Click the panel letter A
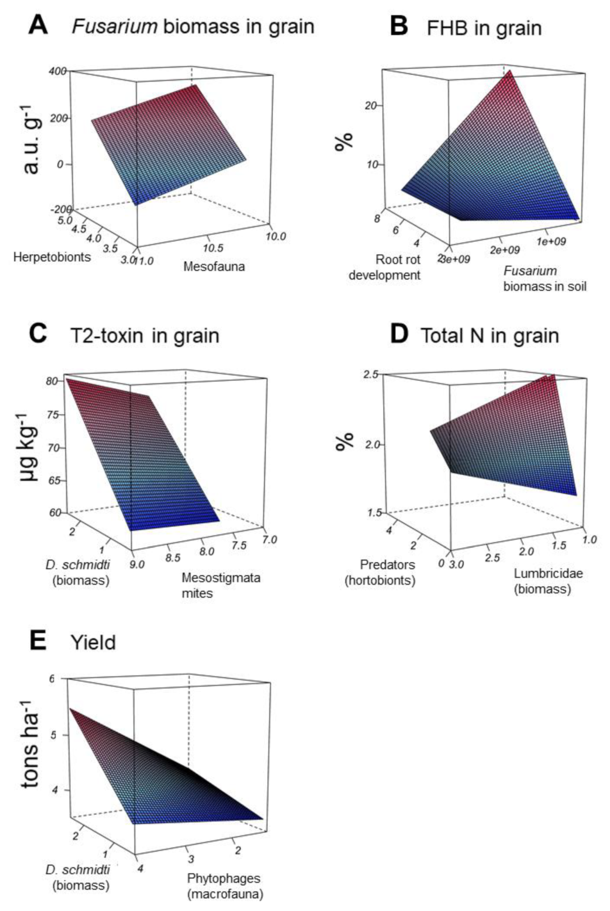pos(38,25)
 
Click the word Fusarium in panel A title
pos(114,27)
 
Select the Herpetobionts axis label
pos(52,257)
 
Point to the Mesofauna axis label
pos(214,267)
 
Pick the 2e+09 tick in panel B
pos(505,250)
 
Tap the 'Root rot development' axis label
pos(385,267)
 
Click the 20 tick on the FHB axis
pos(370,106)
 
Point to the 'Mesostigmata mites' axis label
pos(221,585)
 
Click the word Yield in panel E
pos(93,643)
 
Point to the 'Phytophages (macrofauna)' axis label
pos(224,886)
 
